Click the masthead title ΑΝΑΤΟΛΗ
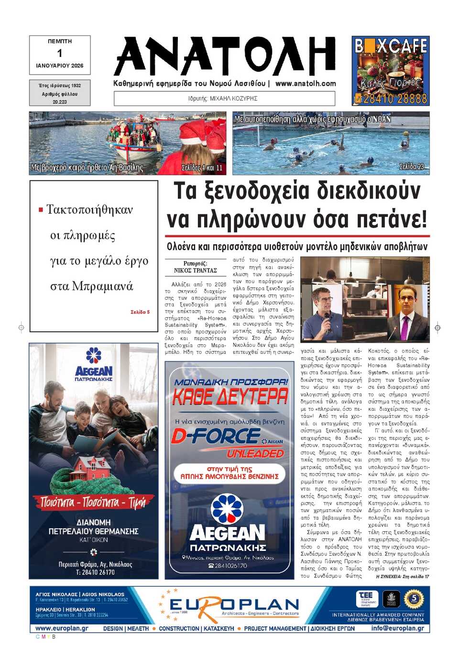[225, 56]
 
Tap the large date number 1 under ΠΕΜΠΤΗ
[60, 53]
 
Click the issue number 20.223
[60, 102]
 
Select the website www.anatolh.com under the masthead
[306, 83]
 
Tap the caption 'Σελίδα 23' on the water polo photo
[411, 166]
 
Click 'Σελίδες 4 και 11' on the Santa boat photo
[202, 167]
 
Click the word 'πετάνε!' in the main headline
[392, 219]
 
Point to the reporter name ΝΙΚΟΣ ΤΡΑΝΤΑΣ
[195, 271]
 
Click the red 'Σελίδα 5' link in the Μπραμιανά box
[140, 312]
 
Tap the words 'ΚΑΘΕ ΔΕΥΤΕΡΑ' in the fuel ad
[230, 396]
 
